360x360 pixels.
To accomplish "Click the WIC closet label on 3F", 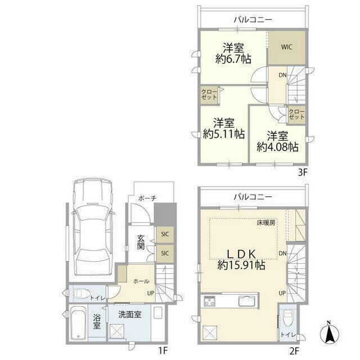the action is [x=286, y=47].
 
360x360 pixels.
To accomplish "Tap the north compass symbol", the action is [x=330, y=332].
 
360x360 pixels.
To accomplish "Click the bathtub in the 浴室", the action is [x=78, y=322].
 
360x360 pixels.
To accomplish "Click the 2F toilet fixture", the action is [x=287, y=318].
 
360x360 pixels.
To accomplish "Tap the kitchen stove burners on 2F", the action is [x=209, y=301].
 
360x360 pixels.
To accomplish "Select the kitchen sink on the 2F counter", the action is [x=247, y=301].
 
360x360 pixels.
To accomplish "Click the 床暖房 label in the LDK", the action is [x=265, y=223].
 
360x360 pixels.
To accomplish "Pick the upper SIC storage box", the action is [x=165, y=235].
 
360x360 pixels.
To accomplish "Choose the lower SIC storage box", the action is [x=165, y=254].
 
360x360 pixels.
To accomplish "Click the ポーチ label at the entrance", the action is [x=147, y=198].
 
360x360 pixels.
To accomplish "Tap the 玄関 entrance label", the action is [x=141, y=242].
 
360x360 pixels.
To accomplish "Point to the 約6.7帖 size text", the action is [x=233, y=59].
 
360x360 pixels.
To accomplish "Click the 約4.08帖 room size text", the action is [x=277, y=147].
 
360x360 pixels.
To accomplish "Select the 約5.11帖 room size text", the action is [x=224, y=134].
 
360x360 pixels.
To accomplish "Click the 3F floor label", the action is [x=303, y=172].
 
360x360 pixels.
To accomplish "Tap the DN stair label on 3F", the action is [x=282, y=75].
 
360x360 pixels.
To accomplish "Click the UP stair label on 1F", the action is [x=151, y=293].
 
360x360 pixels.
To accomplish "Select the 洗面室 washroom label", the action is [x=130, y=314].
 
